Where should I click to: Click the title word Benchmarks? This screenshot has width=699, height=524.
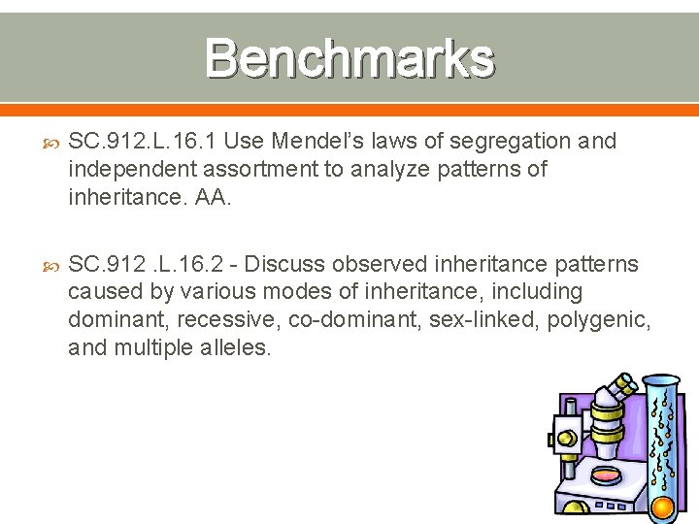click(349, 58)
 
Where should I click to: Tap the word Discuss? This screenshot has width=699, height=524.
click(288, 264)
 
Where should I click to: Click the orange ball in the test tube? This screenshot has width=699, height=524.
click(663, 506)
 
